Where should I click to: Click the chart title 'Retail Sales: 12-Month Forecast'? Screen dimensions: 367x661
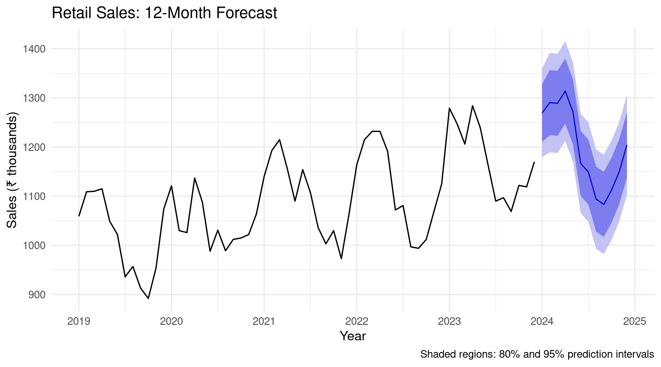click(x=164, y=13)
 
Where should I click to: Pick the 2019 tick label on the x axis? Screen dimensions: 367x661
click(x=79, y=321)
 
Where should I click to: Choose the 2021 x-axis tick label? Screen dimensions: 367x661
click(x=264, y=321)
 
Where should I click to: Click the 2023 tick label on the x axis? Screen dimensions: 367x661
click(x=449, y=321)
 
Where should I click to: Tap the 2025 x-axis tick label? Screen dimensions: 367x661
click(x=635, y=321)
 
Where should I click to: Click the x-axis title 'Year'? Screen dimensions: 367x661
click(x=353, y=336)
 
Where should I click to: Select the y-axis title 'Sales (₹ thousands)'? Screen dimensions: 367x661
click(x=12, y=170)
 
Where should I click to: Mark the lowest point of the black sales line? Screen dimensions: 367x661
click(x=148, y=299)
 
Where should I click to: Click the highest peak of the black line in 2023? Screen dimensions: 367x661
click(x=472, y=106)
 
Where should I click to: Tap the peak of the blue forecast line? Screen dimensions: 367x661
click(x=565, y=91)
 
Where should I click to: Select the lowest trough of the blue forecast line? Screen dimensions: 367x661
click(x=604, y=205)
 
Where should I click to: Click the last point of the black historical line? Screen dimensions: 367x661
click(x=534, y=162)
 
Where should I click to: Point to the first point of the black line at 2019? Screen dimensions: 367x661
click(x=79, y=216)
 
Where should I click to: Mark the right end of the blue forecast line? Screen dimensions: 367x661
click(x=627, y=145)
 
